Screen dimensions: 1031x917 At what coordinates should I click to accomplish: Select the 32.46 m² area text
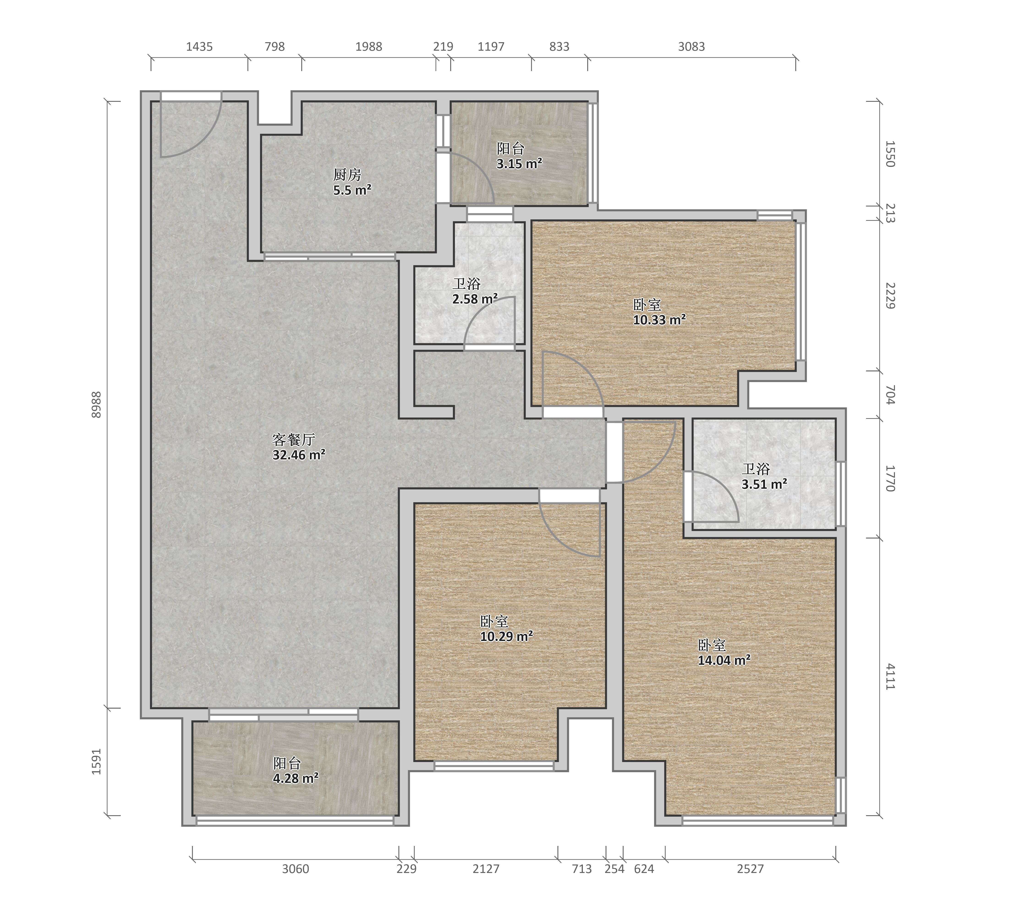299,455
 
